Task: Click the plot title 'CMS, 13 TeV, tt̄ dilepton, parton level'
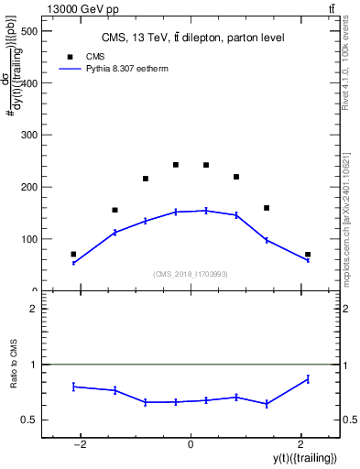pos(191,38)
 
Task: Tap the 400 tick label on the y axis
pos(28,83)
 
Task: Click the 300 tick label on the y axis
pos(28,136)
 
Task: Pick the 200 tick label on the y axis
pos(28,187)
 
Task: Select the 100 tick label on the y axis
pos(28,239)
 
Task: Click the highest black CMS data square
pos(176,165)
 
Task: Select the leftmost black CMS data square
pos(73,254)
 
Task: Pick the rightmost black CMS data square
pos(308,254)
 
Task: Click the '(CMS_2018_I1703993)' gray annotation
pos(191,274)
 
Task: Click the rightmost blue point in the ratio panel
pos(308,378)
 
